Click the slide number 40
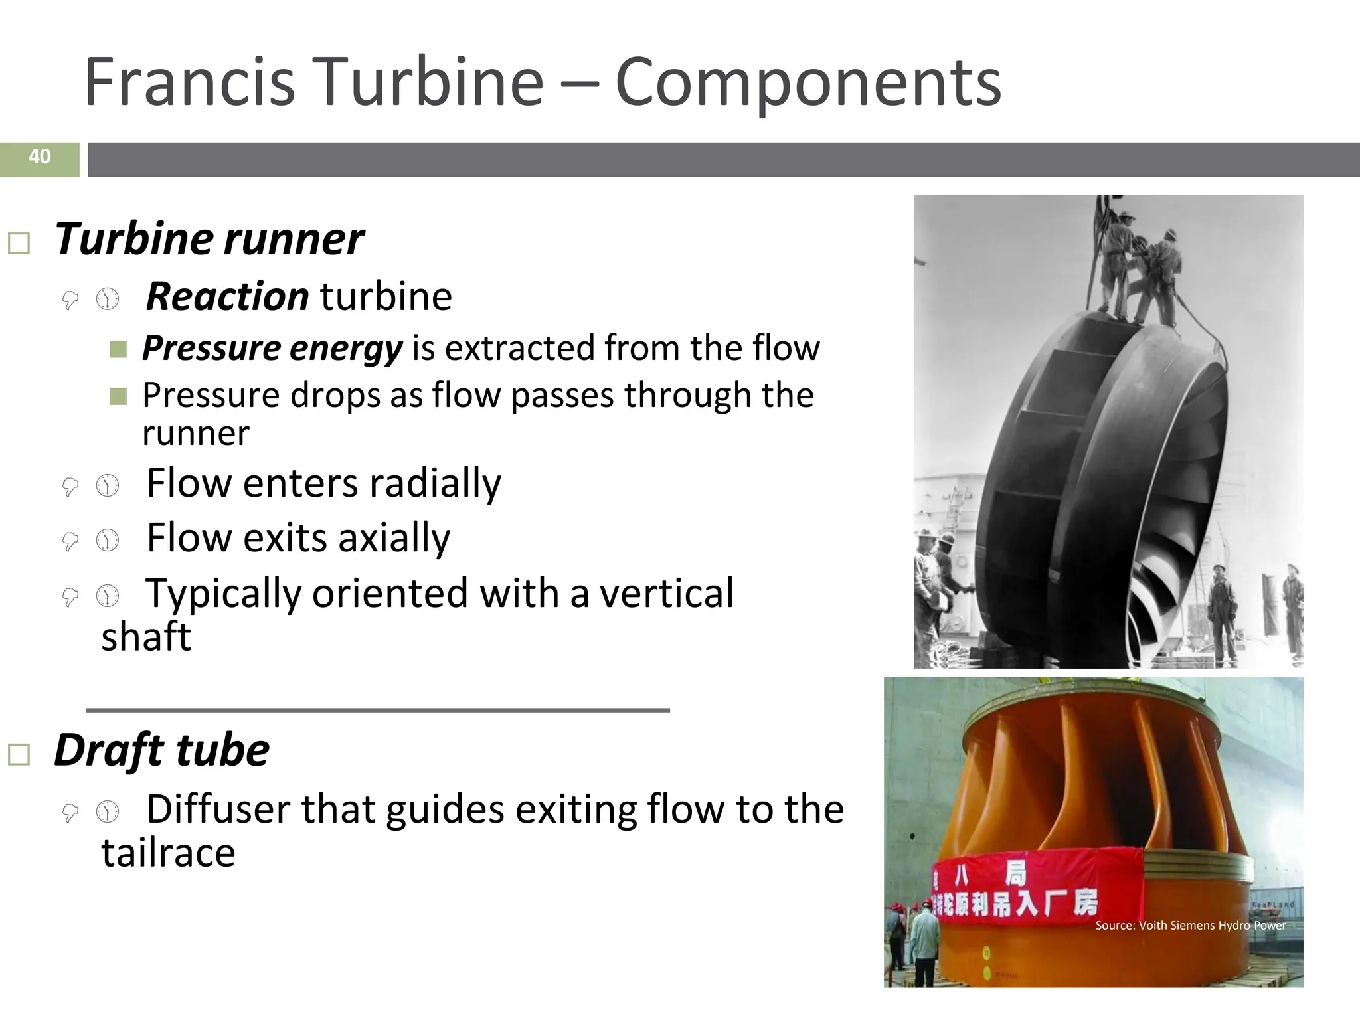click(40, 157)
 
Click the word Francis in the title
click(189, 82)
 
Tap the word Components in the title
click(807, 82)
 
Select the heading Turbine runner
click(209, 239)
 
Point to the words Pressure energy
click(272, 348)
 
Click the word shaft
click(146, 637)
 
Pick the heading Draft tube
click(161, 750)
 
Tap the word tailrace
click(168, 853)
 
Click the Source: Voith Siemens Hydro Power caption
click(1190, 925)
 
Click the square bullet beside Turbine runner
click(19, 244)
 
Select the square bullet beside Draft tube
click(19, 755)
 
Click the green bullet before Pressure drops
click(118, 396)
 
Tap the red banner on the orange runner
click(1036, 883)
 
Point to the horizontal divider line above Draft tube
click(377, 710)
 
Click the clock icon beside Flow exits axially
click(107, 541)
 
